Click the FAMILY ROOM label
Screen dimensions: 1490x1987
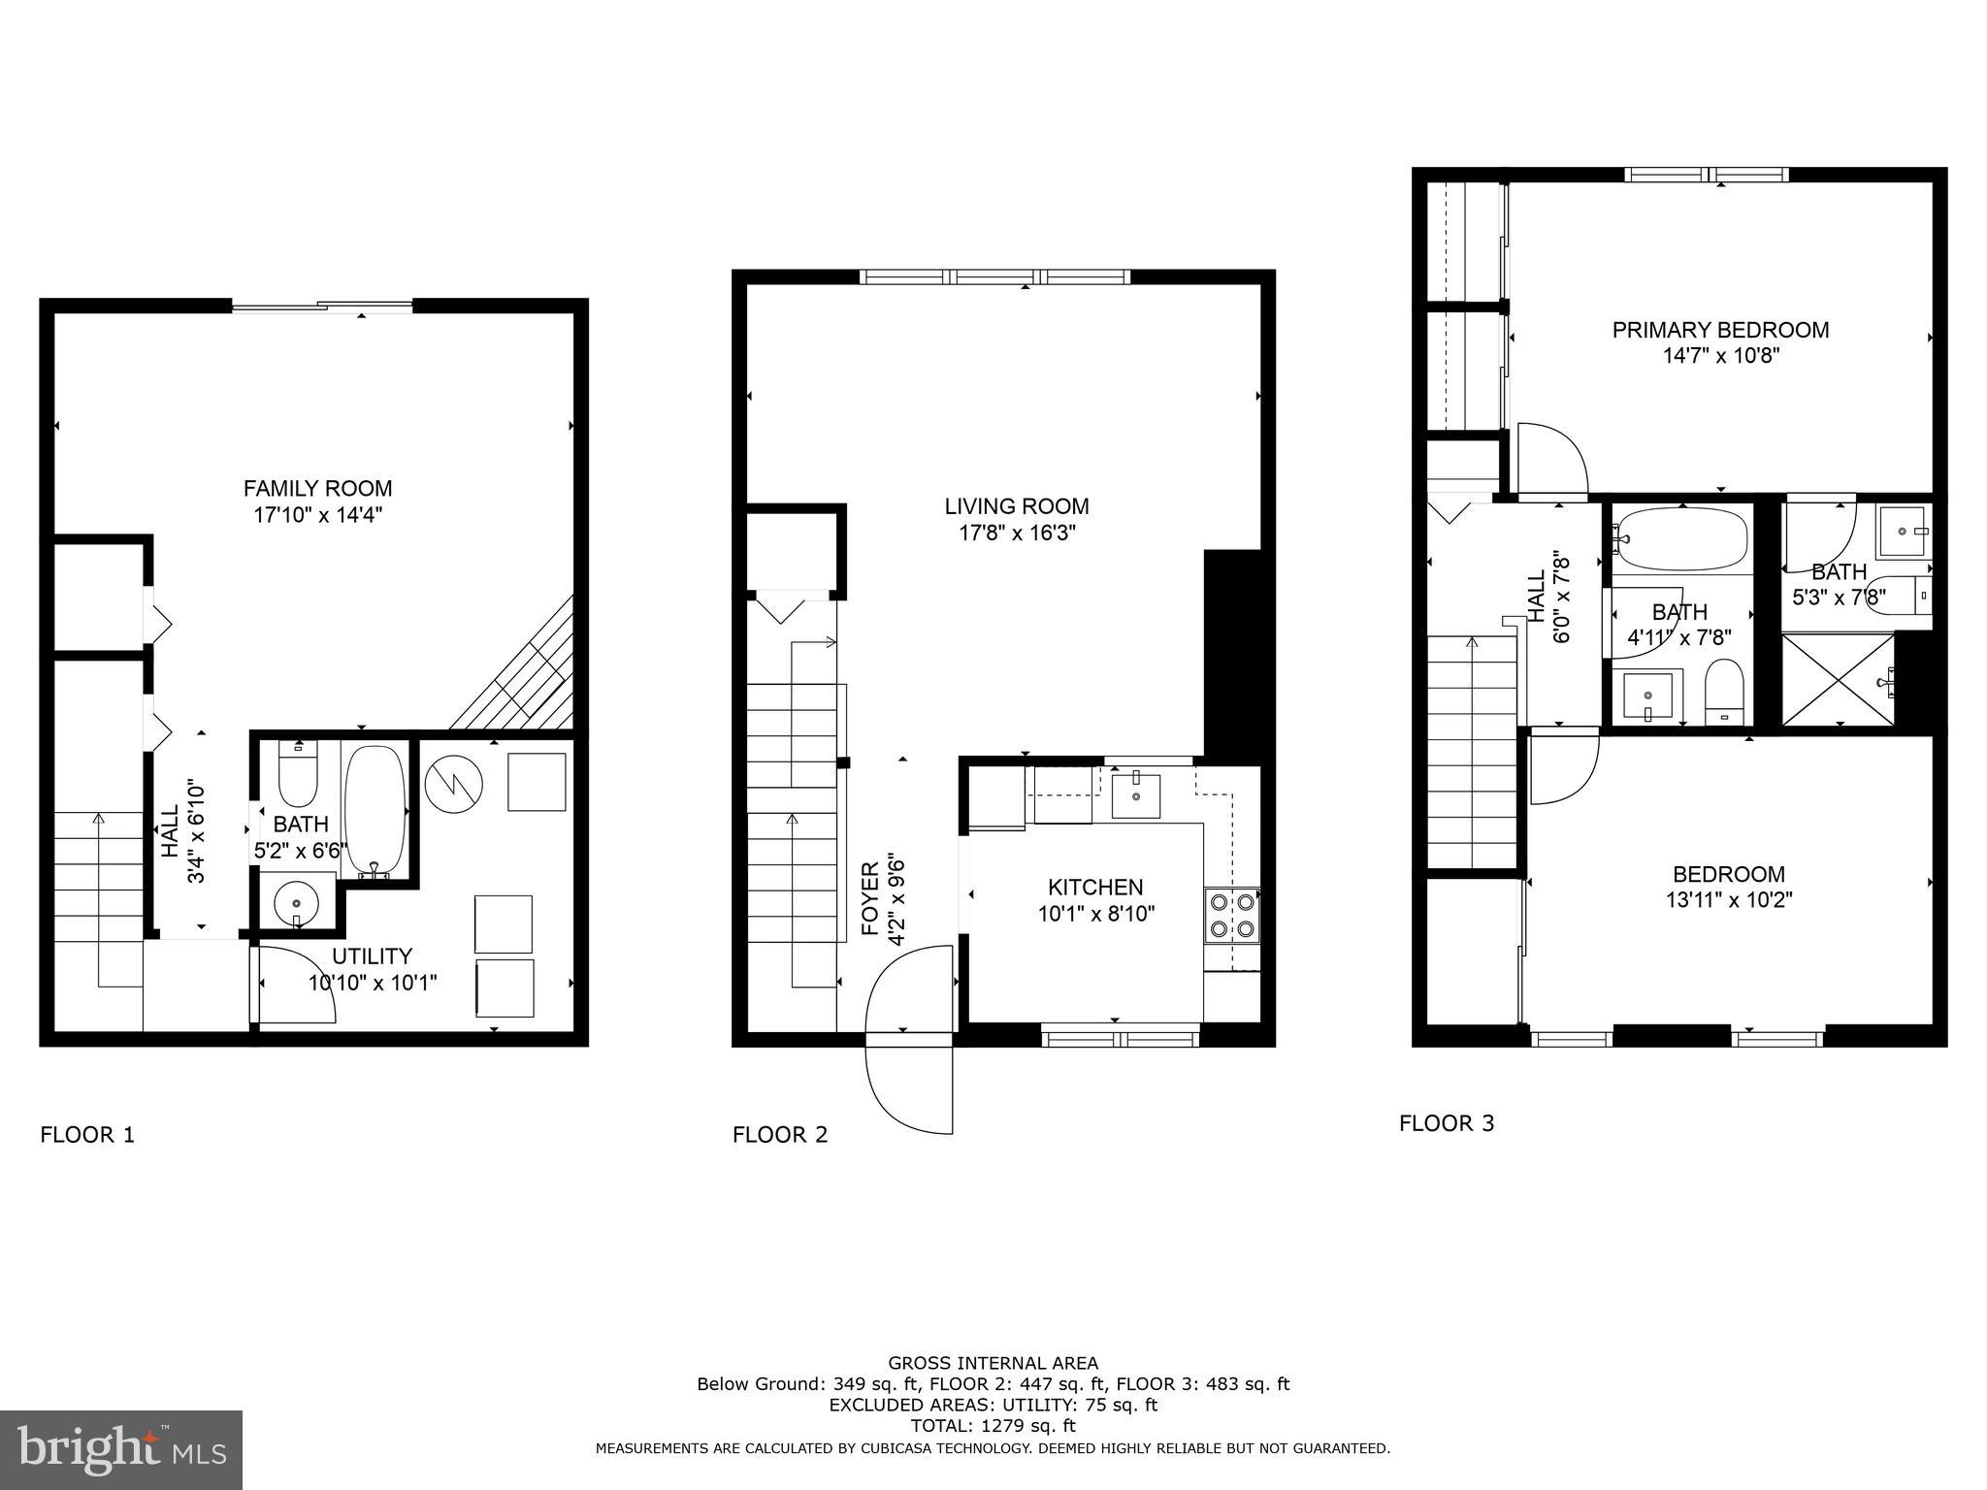click(x=317, y=489)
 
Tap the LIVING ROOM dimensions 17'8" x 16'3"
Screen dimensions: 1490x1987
click(x=1016, y=533)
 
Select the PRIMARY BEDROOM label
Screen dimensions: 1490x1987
click(x=1720, y=330)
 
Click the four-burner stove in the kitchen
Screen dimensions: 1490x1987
click(x=1231, y=915)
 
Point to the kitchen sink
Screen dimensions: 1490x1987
click(x=1135, y=795)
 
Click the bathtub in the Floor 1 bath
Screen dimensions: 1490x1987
click(x=375, y=809)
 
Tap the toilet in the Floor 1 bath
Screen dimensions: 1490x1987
click(x=298, y=773)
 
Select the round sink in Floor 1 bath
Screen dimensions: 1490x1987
click(x=296, y=904)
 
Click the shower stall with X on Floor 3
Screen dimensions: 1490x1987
click(x=1838, y=679)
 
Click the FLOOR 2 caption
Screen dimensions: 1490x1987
click(x=780, y=1135)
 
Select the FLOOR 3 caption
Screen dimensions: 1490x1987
click(x=1446, y=1123)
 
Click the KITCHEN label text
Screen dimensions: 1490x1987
click(x=1095, y=887)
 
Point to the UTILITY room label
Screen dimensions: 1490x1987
click(x=373, y=956)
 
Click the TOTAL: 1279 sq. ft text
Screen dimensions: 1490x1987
click(x=993, y=1426)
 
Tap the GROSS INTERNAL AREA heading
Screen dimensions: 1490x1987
click(x=993, y=1363)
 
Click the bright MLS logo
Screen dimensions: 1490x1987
click(x=121, y=1450)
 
